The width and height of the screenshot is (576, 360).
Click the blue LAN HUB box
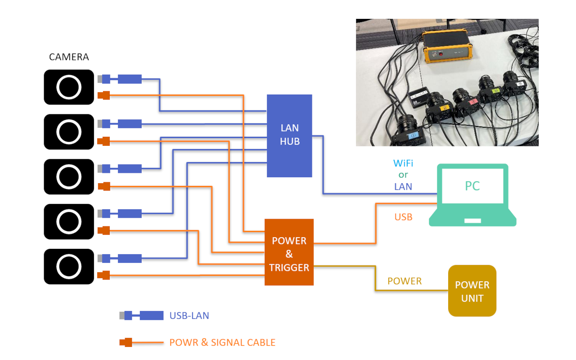[x=289, y=136]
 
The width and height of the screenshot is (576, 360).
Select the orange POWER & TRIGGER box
[x=289, y=252]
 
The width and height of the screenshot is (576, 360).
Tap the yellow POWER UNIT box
[x=472, y=291]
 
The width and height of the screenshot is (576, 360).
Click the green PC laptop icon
[x=472, y=195]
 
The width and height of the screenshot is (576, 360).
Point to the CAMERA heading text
[x=69, y=57]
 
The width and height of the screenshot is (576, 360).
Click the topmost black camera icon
[x=69, y=87]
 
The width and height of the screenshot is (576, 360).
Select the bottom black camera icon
[x=69, y=266]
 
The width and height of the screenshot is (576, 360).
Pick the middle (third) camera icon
[x=69, y=177]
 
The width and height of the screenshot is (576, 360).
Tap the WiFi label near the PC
[x=403, y=163]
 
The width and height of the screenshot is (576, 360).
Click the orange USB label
[x=403, y=217]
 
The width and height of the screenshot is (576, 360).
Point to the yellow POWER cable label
[x=405, y=281]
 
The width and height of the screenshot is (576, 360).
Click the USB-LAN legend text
[x=189, y=315]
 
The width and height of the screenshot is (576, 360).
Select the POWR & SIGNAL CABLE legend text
[x=222, y=342]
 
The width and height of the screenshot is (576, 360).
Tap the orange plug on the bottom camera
[x=103, y=275]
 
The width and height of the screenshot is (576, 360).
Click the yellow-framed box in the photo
[x=447, y=46]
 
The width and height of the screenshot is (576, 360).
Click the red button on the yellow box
[x=441, y=54]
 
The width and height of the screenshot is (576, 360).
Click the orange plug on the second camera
[x=103, y=141]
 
